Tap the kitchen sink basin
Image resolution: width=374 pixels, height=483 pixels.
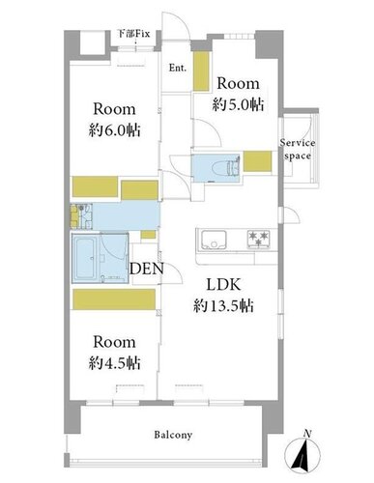coord(214,240)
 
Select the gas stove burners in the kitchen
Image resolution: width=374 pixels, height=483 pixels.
coord(258,239)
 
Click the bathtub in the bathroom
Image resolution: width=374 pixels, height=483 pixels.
coord(84,258)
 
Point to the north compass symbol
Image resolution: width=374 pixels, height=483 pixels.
coord(303,454)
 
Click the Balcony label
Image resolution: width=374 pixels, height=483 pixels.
coord(173,435)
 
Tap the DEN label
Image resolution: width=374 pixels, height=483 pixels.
coord(147,269)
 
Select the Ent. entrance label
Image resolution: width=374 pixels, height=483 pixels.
coord(178,68)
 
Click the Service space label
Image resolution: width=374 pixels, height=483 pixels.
coord(298,150)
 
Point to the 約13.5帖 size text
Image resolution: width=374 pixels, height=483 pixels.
coord(223,306)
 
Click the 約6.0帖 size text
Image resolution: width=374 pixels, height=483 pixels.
coord(114,130)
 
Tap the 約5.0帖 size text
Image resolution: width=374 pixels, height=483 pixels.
coord(238,104)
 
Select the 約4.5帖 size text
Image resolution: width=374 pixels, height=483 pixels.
coord(114,363)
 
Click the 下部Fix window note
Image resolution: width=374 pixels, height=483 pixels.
coord(134,34)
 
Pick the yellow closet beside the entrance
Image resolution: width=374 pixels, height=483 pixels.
coord(201,71)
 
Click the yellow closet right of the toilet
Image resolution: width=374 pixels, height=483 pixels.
coord(257,161)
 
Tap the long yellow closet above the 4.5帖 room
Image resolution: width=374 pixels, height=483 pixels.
coord(114,299)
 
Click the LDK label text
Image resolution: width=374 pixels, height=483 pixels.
coord(223,285)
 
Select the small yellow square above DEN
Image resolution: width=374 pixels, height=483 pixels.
coord(149,235)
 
